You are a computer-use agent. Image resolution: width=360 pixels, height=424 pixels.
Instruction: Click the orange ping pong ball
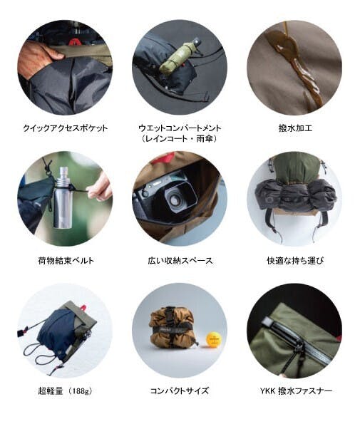click(x=214, y=338)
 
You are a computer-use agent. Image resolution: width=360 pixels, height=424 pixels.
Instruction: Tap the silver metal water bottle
click(x=63, y=197)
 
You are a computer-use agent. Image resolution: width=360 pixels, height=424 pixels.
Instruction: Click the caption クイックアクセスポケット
click(x=65, y=128)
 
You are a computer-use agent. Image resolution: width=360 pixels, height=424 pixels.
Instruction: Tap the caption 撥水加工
click(x=295, y=128)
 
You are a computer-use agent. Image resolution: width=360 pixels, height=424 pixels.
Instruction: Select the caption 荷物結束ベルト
click(x=66, y=261)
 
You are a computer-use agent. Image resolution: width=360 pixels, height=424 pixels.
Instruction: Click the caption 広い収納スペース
click(x=180, y=261)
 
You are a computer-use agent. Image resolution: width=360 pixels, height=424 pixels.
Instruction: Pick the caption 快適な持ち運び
click(x=295, y=261)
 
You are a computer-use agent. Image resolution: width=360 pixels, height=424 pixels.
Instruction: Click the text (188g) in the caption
click(x=81, y=391)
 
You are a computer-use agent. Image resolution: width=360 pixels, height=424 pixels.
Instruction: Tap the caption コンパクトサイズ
click(x=180, y=391)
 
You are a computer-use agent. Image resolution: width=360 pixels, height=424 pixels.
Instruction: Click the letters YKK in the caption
click(x=267, y=391)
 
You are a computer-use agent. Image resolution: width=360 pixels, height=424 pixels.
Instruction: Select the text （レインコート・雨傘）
click(x=180, y=139)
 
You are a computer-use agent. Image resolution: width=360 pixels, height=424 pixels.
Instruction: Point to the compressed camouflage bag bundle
click(x=173, y=328)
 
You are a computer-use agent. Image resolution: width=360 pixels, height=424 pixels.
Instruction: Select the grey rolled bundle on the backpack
click(x=296, y=194)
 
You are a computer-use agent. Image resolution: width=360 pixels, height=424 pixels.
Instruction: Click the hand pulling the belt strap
click(x=100, y=187)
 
